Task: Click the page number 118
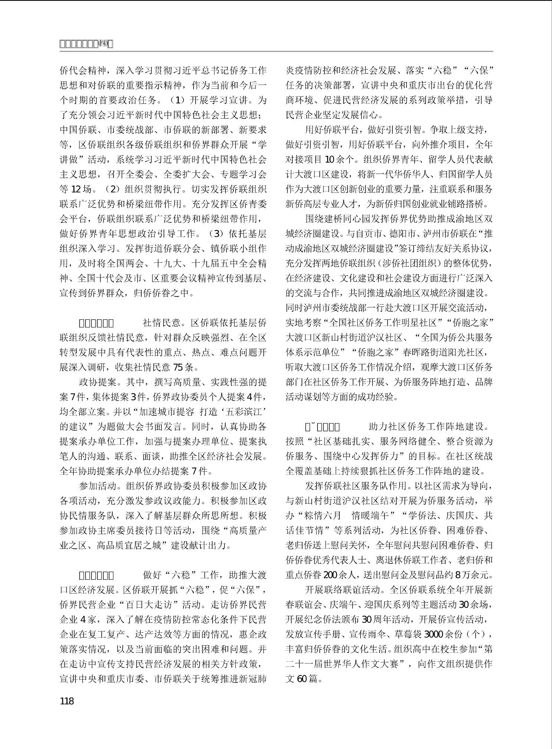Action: (67, 701)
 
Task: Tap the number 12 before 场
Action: (75, 189)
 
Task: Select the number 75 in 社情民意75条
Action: (178, 367)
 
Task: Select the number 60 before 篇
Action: (302, 679)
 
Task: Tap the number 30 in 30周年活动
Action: (367, 620)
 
